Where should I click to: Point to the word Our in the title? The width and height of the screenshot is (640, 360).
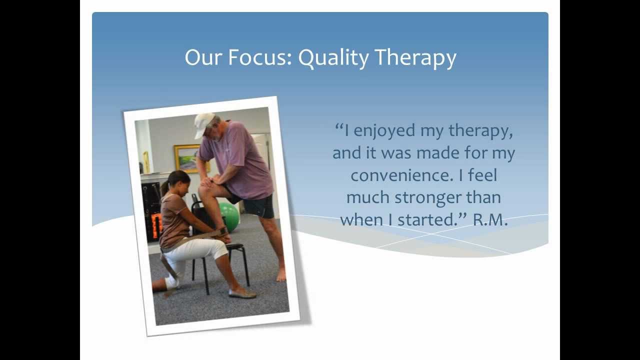203,57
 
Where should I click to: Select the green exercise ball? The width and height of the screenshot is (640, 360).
229,217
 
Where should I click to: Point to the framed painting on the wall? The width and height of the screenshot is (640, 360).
186,158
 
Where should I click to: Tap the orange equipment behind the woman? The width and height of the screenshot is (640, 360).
156,225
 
